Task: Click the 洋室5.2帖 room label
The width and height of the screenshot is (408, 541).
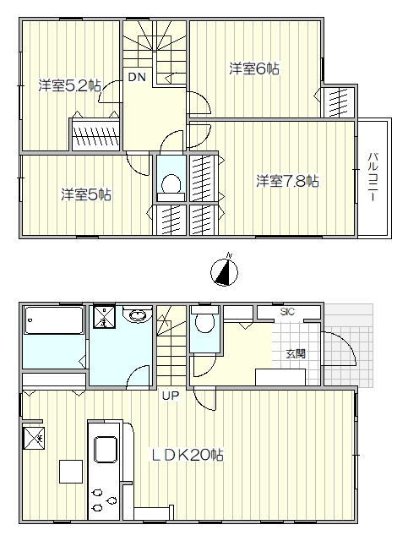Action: pos(69,85)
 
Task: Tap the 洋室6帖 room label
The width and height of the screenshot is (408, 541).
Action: pos(254,68)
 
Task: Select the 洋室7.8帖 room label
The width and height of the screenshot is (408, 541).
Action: pos(287,181)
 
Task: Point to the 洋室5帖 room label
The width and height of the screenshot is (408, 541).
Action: pos(86,194)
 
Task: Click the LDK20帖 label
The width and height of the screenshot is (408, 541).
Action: pos(186,455)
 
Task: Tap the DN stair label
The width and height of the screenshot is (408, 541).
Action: pos(137,77)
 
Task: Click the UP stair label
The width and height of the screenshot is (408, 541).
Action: pos(171,396)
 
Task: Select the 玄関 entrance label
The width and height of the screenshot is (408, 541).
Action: pos(296,354)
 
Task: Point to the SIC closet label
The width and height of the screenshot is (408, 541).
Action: pos(287,312)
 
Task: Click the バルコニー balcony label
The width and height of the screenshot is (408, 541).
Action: pos(373,178)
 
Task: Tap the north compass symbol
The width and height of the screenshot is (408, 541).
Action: pos(224,271)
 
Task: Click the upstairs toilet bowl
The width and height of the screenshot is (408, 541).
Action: pos(171,183)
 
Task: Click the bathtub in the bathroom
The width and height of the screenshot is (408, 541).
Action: pos(53,320)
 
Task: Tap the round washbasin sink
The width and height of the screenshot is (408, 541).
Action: pos(138,315)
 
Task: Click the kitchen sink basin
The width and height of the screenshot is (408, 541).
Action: pos(106,449)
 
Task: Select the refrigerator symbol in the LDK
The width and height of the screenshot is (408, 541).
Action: pos(34,439)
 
